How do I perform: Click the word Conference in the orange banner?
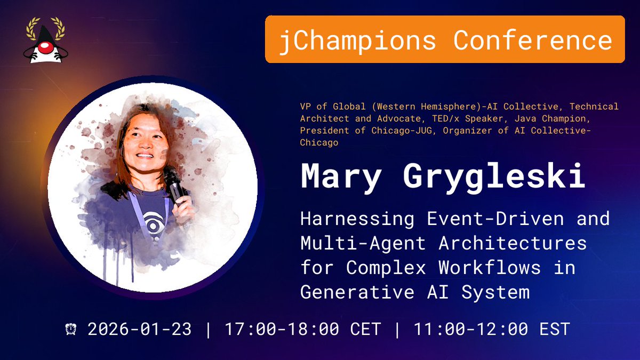click(533, 40)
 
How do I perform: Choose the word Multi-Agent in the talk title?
click(363, 243)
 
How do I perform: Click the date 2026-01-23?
click(139, 329)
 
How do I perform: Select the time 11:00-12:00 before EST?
click(470, 329)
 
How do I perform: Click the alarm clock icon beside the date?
click(71, 329)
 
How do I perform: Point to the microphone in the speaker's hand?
click(174, 184)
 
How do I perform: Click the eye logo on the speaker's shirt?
click(149, 219)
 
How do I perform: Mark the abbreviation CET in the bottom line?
click(366, 329)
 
